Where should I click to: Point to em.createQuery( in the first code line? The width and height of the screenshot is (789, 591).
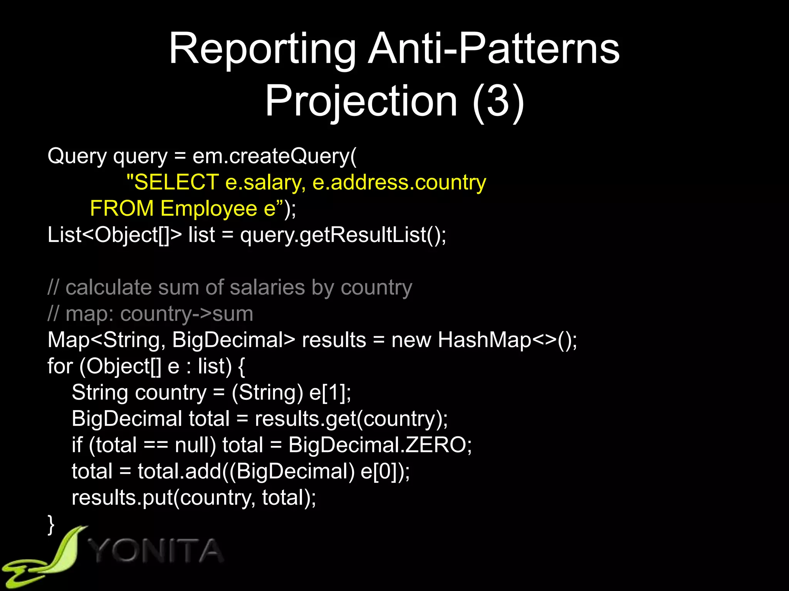click(275, 156)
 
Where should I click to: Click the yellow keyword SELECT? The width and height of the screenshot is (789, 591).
click(176, 182)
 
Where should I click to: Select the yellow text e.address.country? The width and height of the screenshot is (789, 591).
click(399, 182)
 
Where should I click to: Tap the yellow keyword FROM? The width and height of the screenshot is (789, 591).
click(122, 209)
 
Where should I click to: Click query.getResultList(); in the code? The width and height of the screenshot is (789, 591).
click(343, 235)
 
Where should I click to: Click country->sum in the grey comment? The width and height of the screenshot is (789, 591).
click(186, 314)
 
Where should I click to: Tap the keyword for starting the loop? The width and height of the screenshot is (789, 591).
click(60, 366)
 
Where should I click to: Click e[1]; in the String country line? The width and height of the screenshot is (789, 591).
click(331, 393)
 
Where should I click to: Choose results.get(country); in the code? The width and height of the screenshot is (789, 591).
click(351, 419)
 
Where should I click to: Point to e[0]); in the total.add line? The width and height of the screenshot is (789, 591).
click(385, 471)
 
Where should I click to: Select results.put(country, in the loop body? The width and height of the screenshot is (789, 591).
click(163, 498)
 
